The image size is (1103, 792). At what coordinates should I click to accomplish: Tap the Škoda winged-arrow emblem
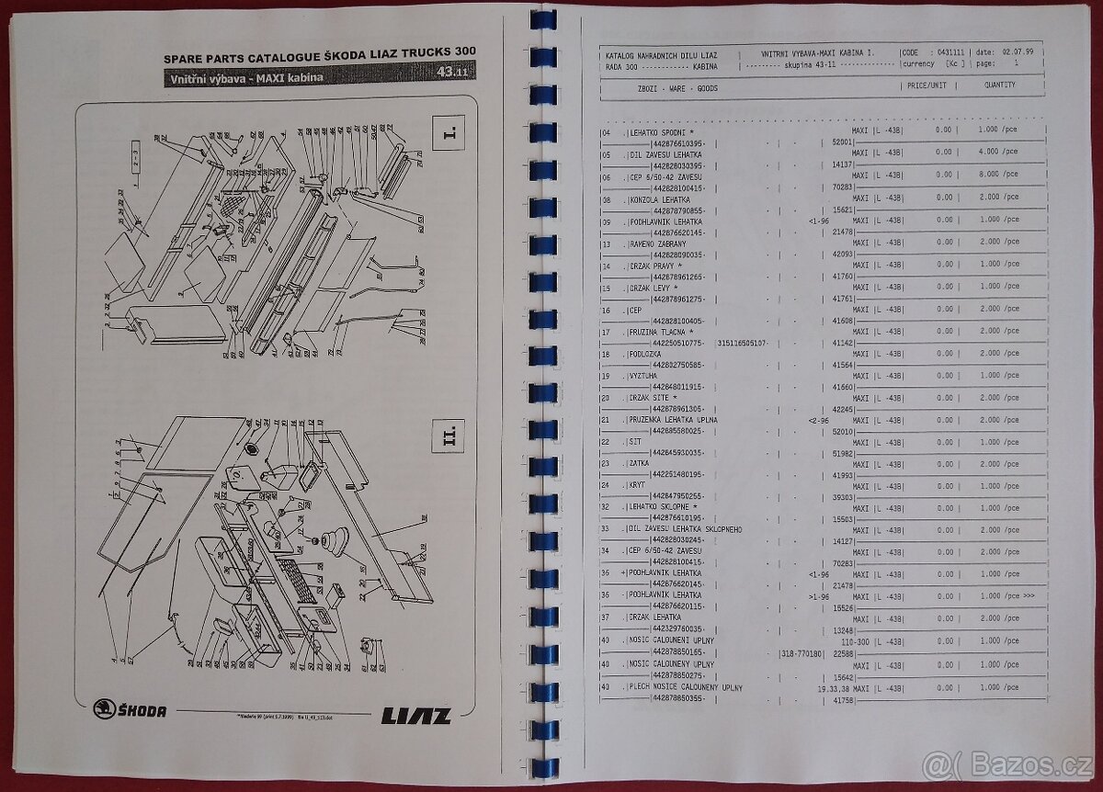click(x=105, y=709)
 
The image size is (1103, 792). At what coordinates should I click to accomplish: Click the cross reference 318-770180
click(x=796, y=652)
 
